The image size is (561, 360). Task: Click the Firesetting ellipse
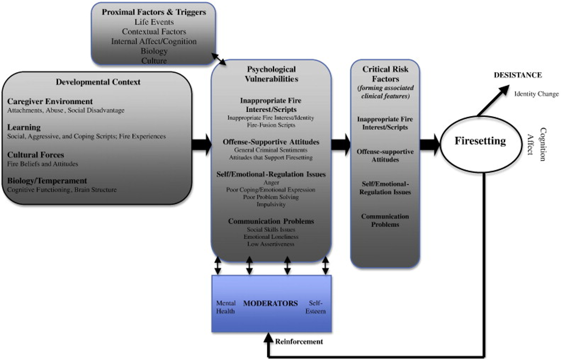tap(480, 142)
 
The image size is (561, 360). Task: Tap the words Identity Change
tap(536, 94)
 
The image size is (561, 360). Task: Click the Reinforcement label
tap(299, 341)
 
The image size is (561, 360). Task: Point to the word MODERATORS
tap(270, 303)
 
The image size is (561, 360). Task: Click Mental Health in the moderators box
tap(225, 307)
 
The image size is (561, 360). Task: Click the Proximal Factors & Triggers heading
tap(154, 12)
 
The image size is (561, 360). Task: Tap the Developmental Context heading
tap(98, 82)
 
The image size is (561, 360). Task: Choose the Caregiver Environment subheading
tap(50, 101)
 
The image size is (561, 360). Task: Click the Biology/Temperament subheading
tap(47, 181)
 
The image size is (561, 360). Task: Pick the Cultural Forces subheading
tap(35, 154)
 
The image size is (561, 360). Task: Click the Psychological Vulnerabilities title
tap(271, 74)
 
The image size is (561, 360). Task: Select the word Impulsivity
tap(270, 205)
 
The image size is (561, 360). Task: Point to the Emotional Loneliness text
tap(270, 237)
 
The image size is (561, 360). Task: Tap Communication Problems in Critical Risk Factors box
tap(384, 220)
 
